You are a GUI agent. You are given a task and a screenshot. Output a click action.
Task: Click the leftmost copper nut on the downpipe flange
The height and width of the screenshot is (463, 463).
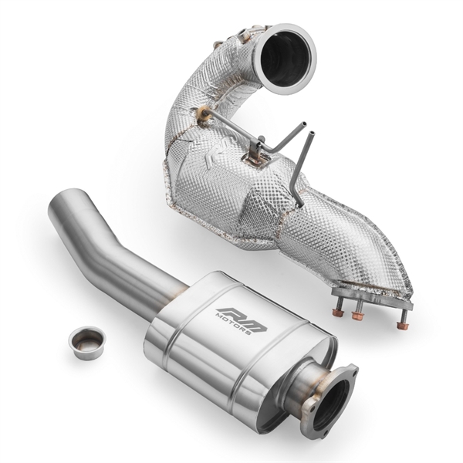(338, 312)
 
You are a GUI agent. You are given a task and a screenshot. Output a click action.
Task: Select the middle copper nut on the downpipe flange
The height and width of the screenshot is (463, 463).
(357, 316)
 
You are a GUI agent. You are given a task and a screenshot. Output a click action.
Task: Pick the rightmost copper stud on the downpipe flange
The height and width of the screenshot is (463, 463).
(401, 325)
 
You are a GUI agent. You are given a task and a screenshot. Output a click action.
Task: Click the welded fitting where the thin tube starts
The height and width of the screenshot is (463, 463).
(208, 117)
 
